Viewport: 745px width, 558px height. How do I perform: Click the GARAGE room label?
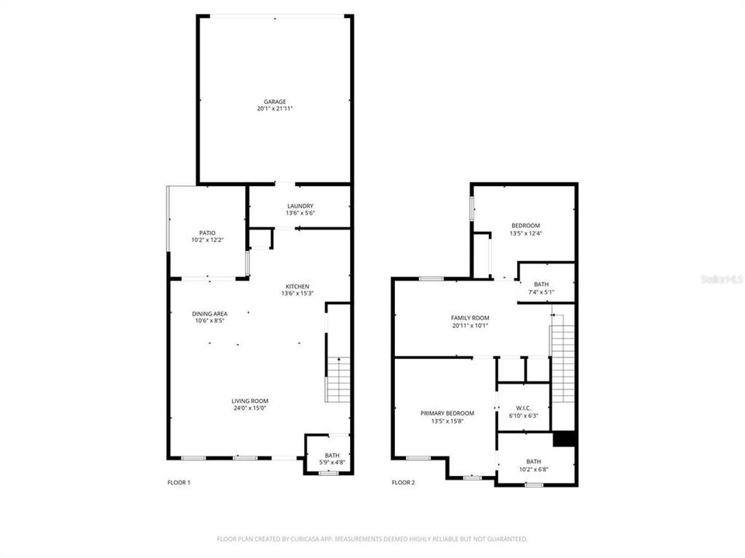[x=275, y=102]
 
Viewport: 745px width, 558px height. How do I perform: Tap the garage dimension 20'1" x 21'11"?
[x=275, y=109]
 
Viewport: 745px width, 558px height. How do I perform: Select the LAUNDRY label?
[x=300, y=205]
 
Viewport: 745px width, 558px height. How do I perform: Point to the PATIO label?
[x=207, y=232]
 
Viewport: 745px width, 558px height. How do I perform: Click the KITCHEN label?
[x=297, y=285]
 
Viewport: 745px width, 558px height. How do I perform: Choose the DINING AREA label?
[x=210, y=314]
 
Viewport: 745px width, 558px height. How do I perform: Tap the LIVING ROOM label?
[x=250, y=401]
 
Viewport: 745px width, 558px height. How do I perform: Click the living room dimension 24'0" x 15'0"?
[x=250, y=408]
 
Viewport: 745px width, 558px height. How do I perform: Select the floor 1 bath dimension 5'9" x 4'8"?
[x=332, y=463]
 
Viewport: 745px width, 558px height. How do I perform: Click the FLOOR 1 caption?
[x=178, y=483]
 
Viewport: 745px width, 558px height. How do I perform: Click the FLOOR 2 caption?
[x=403, y=483]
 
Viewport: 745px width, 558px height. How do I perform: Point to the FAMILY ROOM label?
[x=470, y=318]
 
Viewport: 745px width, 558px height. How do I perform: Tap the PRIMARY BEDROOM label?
[x=447, y=413]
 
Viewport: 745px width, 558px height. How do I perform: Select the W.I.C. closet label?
[x=523, y=408]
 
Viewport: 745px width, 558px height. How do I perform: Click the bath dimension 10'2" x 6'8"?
[x=534, y=469]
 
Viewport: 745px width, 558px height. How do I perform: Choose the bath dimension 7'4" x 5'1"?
[x=541, y=292]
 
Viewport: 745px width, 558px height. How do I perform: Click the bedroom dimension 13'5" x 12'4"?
[x=525, y=233]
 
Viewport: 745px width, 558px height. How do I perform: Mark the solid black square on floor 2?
[x=564, y=438]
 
